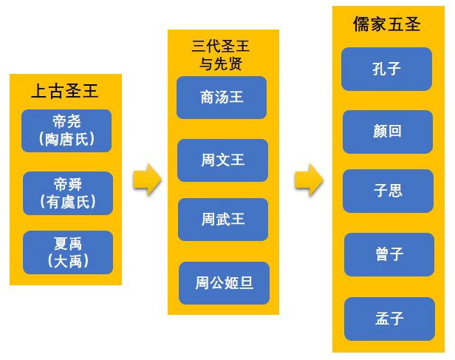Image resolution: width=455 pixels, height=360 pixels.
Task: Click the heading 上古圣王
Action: (64, 91)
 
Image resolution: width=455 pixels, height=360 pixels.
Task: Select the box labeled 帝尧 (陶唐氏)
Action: (67, 130)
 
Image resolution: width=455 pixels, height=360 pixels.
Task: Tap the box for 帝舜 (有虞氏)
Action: (67, 193)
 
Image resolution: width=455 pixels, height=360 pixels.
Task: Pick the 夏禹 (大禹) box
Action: (67, 252)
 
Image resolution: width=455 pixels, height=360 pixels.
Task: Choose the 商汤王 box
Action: (222, 97)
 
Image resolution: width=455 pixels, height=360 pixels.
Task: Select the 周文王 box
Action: (223, 160)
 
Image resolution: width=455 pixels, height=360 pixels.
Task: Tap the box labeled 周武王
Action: (223, 220)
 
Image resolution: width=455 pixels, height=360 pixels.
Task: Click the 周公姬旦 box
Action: (225, 282)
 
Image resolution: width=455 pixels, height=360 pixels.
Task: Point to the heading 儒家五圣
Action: (387, 24)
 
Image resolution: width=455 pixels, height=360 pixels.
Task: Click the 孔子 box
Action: (387, 69)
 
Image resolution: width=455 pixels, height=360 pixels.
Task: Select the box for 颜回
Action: (388, 132)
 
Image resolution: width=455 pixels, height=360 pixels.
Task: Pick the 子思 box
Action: (388, 191)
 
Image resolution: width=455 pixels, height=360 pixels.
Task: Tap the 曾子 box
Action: (389, 254)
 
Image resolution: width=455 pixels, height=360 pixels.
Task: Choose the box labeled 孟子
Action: (389, 319)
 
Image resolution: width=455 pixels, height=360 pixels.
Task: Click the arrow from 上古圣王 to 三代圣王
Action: (147, 180)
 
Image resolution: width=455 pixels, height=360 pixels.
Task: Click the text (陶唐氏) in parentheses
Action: (67, 138)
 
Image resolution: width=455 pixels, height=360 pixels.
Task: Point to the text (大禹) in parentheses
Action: (67, 261)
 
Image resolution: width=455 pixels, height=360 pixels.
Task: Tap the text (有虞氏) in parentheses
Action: (67, 202)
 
